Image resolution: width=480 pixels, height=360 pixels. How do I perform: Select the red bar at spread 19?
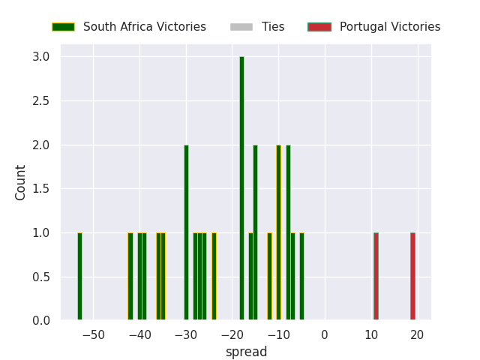coord(412,277)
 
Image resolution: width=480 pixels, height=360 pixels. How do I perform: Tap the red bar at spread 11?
coord(376,277)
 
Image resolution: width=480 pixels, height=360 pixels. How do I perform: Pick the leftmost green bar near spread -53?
coord(79,277)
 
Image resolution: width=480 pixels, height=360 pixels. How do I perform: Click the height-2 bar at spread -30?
coord(186,233)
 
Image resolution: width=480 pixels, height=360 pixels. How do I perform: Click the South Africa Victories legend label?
coord(144,27)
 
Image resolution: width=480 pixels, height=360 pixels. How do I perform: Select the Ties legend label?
coord(273,27)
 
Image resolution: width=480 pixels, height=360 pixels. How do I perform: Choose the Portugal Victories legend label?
coord(390,27)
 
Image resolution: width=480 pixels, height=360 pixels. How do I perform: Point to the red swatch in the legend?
coord(319,27)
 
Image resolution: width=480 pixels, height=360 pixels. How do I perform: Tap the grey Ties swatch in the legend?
coord(241,27)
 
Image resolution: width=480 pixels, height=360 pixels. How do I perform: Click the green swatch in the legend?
coord(62,27)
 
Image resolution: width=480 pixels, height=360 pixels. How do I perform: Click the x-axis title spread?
coord(246,352)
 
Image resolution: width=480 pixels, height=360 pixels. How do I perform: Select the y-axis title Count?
coord(21,182)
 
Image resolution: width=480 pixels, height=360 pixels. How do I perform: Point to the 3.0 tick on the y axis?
coord(41,57)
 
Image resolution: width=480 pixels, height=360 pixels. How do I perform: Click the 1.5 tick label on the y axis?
coord(41,189)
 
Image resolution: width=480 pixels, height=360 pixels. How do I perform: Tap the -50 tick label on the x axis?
coord(93,334)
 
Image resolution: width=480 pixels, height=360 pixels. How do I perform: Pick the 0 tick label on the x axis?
coord(325,334)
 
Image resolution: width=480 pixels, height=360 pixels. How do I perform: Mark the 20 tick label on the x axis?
coord(417,334)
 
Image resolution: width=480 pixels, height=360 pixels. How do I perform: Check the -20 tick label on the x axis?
coord(232,334)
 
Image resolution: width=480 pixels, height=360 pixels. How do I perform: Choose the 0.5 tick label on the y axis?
coord(41,277)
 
